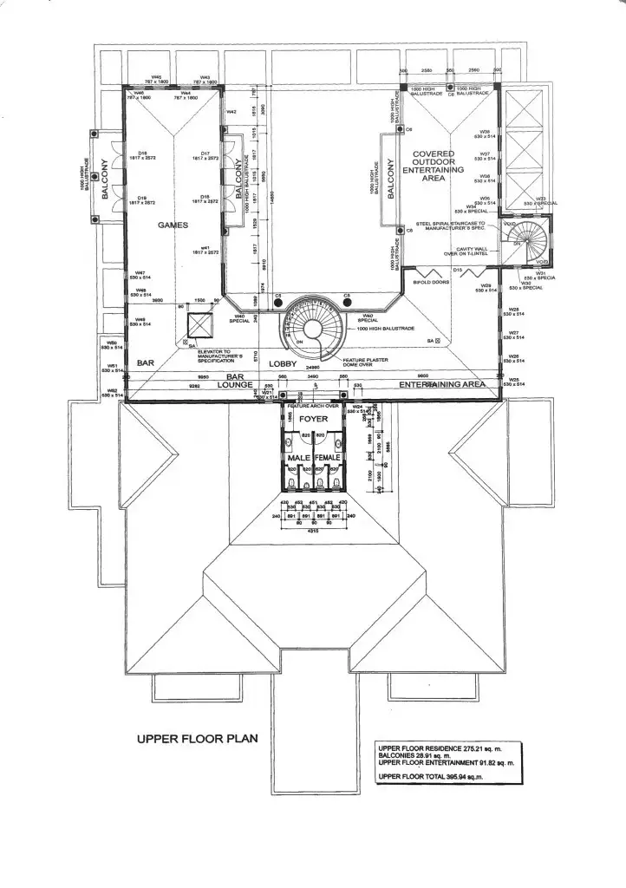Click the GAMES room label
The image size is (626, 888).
[x=173, y=225]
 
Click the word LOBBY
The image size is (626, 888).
[x=282, y=364]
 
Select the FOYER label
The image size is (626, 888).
[x=313, y=419]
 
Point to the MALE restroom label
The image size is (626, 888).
[x=298, y=457]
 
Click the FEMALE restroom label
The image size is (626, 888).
[x=329, y=457]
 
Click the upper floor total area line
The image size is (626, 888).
[x=429, y=777]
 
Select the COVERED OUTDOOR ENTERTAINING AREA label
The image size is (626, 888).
[x=434, y=166]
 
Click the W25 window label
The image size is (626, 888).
[x=513, y=379]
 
